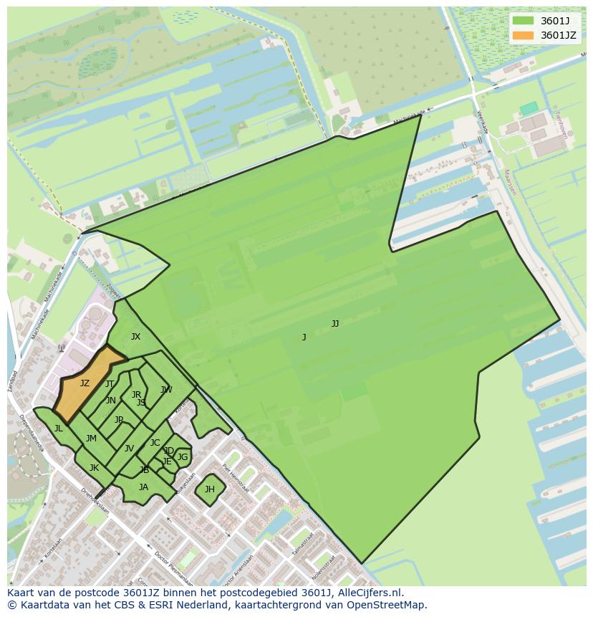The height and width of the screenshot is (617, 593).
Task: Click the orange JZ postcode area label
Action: [x=85, y=383]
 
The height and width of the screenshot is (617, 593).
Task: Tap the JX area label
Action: [x=135, y=337]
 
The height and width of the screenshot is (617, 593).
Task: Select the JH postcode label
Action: [x=209, y=489]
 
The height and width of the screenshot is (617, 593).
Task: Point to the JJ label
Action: [x=335, y=324]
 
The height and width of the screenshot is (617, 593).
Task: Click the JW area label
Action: [x=166, y=390]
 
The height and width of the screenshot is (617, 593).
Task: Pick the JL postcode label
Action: [x=58, y=429]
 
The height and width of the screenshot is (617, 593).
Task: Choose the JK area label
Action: [x=94, y=468]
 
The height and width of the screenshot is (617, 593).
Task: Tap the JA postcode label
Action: [x=143, y=487]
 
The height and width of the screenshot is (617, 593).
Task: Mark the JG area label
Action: [x=183, y=457]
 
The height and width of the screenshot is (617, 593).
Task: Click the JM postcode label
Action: [x=91, y=439]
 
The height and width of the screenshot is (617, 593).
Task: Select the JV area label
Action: [x=129, y=449]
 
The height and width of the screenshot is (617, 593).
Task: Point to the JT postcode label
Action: [x=110, y=384]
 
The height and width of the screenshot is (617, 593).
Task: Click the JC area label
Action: [x=155, y=443]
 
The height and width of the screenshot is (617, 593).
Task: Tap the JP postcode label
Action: [x=119, y=420]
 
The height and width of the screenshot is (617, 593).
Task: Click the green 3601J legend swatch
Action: [x=524, y=21]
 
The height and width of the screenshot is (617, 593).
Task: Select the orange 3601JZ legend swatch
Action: [x=524, y=35]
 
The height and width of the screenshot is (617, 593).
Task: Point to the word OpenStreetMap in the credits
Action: [x=390, y=605]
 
